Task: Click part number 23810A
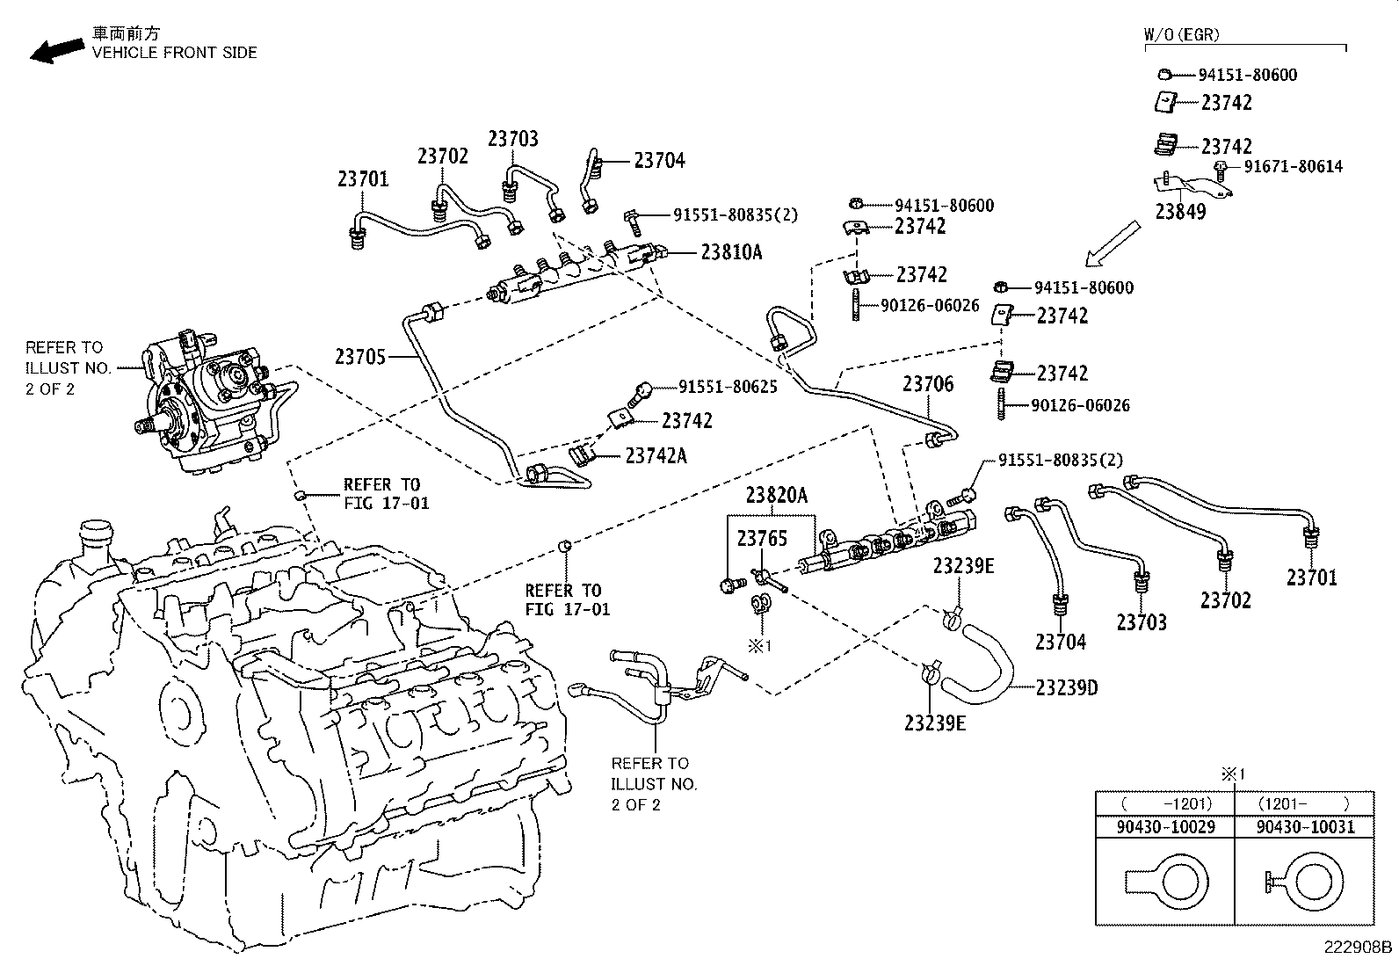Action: pyautogui.click(x=731, y=252)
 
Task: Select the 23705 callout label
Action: pyautogui.click(x=360, y=357)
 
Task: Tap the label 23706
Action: pyautogui.click(x=928, y=384)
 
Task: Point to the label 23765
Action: pyautogui.click(x=762, y=538)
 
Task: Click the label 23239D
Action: pyautogui.click(x=1067, y=687)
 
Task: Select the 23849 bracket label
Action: pyautogui.click(x=1180, y=212)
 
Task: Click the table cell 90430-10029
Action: pyautogui.click(x=1164, y=827)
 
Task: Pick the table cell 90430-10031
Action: pyautogui.click(x=1305, y=827)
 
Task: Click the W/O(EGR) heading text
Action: pyautogui.click(x=1182, y=35)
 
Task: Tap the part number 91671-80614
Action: pyautogui.click(x=1291, y=166)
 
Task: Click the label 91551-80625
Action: pyautogui.click(x=727, y=387)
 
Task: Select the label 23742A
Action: pyautogui.click(x=656, y=455)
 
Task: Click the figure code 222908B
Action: pyautogui.click(x=1359, y=948)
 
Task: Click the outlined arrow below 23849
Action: pyautogui.click(x=1113, y=243)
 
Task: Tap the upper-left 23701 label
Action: pyautogui.click(x=362, y=179)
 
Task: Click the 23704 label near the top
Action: pyautogui.click(x=659, y=161)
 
